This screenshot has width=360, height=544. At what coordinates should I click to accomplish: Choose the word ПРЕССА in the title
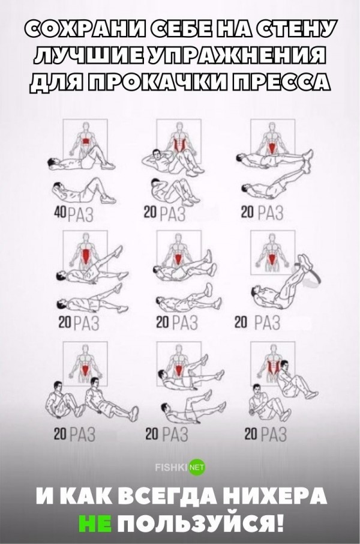tap(281, 84)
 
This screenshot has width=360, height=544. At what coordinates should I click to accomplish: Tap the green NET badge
tap(197, 467)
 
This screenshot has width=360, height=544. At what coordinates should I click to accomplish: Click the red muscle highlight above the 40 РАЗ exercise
tap(85, 142)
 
